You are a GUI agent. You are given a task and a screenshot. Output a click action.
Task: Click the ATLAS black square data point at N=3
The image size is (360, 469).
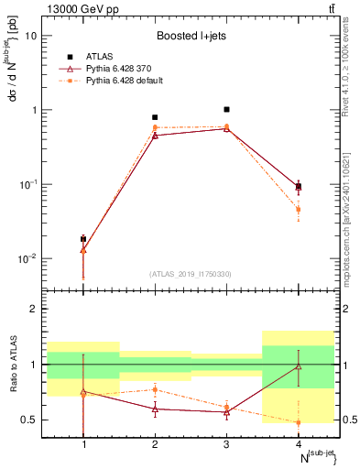coord(226,109)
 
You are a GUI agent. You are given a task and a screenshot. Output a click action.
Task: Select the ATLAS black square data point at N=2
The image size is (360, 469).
coord(155,117)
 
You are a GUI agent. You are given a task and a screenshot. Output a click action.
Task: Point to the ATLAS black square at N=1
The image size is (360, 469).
coord(83,239)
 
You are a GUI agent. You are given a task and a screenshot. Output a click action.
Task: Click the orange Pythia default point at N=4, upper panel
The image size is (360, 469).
coord(298,210)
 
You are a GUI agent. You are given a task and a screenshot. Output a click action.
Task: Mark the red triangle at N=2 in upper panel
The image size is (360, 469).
coord(155,135)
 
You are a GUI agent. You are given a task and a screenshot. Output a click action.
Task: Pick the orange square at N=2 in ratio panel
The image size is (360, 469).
coord(155,389)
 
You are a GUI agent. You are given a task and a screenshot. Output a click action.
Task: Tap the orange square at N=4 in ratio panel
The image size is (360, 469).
coord(298,422)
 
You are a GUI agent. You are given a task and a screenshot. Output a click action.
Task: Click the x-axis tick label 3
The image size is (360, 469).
coord(226,445)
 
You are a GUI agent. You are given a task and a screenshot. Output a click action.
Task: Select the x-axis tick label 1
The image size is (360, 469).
coord(83,445)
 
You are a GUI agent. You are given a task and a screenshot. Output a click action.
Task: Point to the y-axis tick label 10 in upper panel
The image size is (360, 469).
coord(31,36)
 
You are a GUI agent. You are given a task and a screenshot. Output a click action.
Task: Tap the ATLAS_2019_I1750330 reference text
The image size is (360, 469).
coord(191,274)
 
